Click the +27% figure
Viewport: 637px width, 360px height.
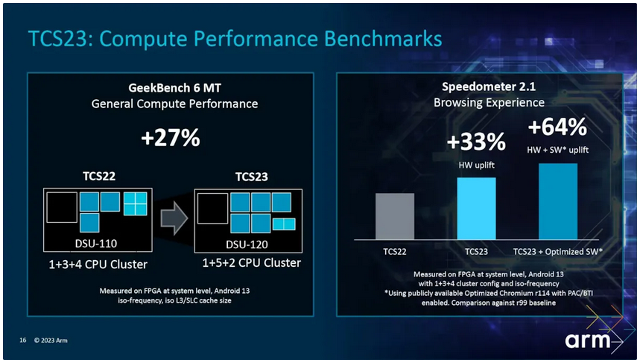[170, 138]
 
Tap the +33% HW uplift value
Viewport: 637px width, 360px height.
[476, 142]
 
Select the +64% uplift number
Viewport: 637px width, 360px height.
[557, 127]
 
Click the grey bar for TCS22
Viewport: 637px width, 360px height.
[395, 216]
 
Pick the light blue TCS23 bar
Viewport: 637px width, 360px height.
[476, 209]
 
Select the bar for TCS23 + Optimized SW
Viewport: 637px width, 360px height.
[558, 201]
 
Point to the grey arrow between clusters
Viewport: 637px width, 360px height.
[174, 218]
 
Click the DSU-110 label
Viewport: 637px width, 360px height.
[96, 244]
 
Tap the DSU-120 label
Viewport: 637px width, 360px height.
[247, 244]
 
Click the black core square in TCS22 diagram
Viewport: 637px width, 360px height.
[62, 207]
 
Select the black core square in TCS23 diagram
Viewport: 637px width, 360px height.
[212, 209]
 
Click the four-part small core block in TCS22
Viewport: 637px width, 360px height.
[136, 203]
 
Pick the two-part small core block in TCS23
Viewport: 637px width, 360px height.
[284, 224]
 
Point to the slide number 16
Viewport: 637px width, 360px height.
[23, 340]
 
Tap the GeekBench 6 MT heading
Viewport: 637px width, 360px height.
[174, 88]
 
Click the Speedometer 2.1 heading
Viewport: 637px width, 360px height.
[489, 86]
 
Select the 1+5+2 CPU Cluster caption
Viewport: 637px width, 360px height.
[252, 262]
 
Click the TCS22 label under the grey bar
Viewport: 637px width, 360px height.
[395, 251]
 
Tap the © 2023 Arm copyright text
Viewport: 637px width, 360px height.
[51, 340]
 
